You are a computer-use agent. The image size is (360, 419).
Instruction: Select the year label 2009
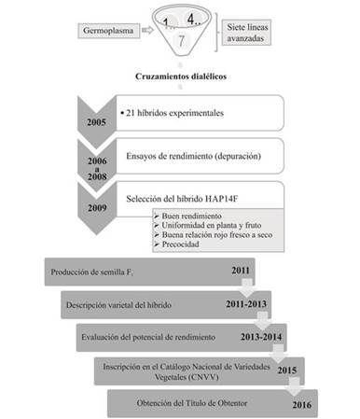point(96,200)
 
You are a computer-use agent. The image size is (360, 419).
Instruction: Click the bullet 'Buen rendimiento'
point(184,216)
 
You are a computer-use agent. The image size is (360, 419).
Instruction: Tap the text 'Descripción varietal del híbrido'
point(121,303)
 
